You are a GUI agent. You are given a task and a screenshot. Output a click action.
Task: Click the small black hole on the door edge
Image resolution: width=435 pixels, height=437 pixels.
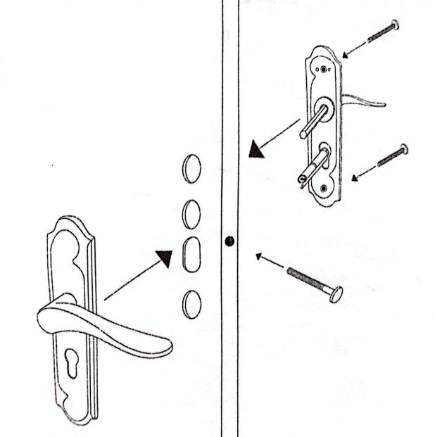click(229, 241)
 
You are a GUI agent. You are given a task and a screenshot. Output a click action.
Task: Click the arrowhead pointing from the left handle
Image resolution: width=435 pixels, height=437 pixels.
click(164, 258)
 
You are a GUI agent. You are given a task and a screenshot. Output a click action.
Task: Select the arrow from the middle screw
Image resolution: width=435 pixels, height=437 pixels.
click(363, 173)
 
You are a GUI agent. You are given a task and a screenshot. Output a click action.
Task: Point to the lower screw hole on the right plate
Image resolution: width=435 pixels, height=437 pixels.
click(324, 187)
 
